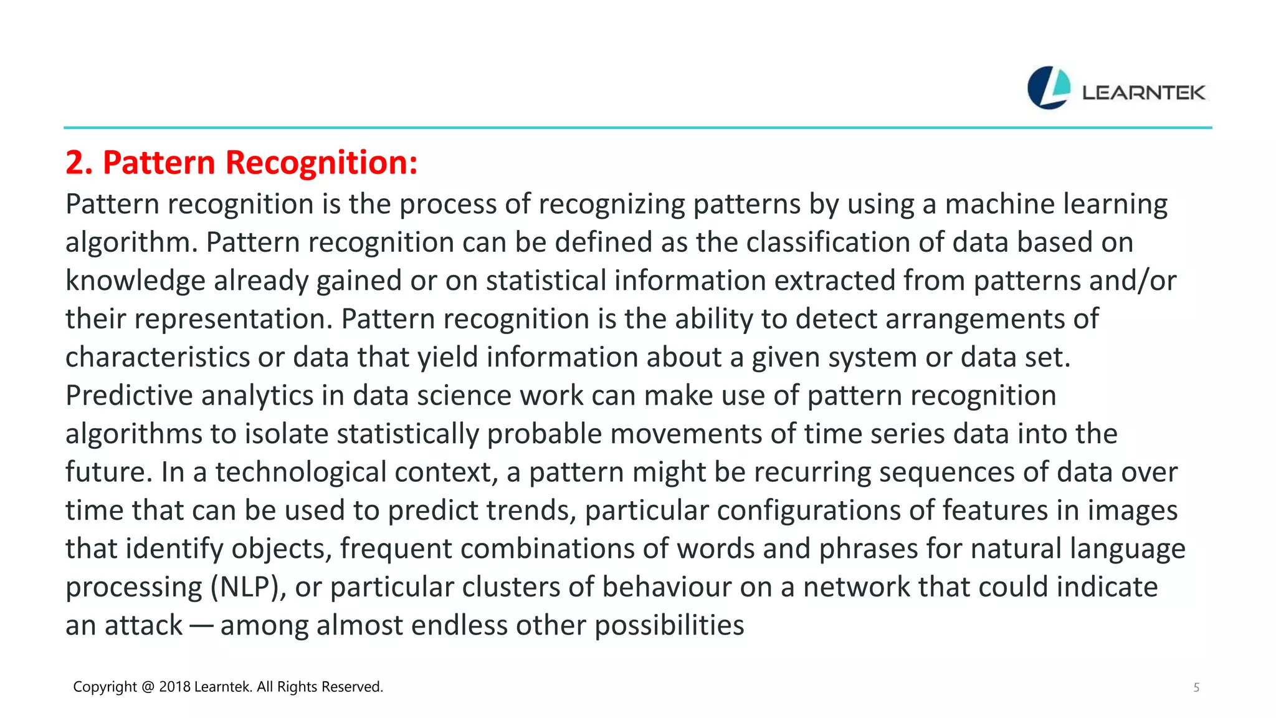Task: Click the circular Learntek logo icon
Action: (1049, 88)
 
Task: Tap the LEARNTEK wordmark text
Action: (1143, 93)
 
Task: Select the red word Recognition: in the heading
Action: (321, 163)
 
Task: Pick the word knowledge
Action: (135, 281)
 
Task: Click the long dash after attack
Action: (201, 626)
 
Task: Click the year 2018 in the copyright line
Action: (174, 687)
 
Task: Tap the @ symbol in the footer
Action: (148, 687)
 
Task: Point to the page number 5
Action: (1196, 687)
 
